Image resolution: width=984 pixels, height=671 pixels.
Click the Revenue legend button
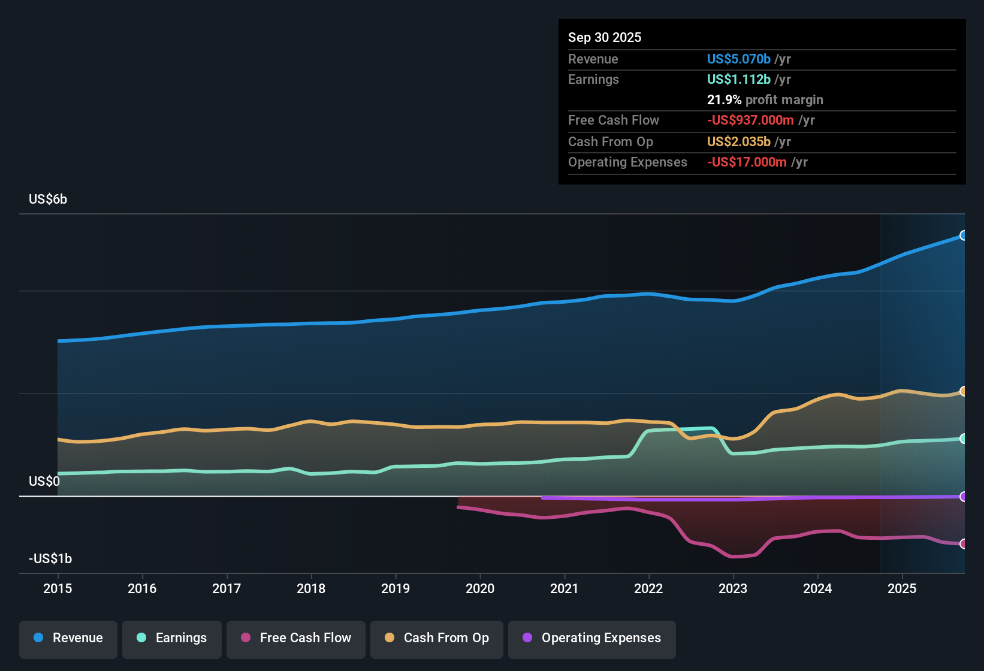68,638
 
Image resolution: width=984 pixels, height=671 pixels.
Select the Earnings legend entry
172,638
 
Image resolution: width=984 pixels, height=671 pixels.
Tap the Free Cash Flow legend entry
296,638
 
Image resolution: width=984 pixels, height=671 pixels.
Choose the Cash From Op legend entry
437,638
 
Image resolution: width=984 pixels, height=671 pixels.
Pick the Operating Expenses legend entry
592,638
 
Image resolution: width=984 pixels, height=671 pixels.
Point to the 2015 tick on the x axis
58,589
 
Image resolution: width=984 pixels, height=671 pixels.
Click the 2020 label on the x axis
480,589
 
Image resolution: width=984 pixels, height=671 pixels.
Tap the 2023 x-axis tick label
733,589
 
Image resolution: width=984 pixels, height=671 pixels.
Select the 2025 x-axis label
902,589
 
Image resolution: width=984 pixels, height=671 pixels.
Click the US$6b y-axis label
48,200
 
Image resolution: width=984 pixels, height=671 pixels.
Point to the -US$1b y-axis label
50,559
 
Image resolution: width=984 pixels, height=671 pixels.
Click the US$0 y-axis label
44,482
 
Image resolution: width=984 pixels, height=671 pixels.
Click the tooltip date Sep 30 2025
605,38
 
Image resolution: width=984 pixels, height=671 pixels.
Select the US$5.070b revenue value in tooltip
738,59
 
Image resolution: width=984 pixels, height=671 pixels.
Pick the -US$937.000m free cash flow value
750,120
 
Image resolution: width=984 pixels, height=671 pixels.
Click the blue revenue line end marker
963,235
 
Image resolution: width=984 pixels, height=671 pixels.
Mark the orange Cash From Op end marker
963,391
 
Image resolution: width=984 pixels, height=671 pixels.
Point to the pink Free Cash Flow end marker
963,544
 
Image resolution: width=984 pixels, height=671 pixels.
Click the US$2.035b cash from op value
738,142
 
